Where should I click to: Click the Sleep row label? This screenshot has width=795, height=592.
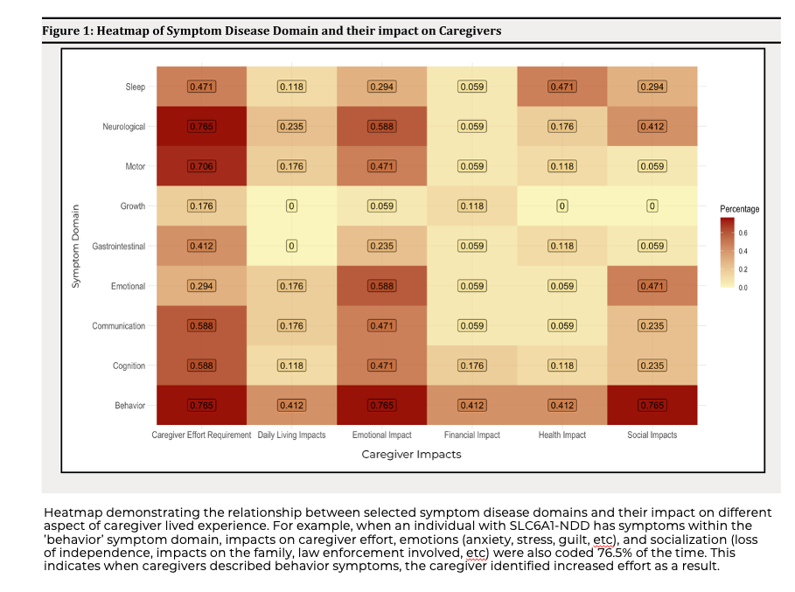(x=135, y=87)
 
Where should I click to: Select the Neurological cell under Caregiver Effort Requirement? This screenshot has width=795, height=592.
(x=201, y=127)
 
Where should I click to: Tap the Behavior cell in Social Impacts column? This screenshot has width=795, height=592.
(x=652, y=406)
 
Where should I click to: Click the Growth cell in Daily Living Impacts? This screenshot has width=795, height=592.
(x=291, y=206)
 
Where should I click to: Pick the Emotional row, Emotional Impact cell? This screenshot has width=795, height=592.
(x=381, y=286)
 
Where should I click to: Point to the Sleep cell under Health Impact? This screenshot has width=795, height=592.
(x=561, y=87)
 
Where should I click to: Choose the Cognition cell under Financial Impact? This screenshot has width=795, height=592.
(x=471, y=366)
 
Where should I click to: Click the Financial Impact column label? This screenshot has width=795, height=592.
(x=471, y=435)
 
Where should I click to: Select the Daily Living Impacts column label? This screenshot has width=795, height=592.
(x=291, y=435)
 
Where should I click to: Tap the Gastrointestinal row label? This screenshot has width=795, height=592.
(x=119, y=246)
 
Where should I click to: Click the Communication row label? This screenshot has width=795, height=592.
(x=119, y=326)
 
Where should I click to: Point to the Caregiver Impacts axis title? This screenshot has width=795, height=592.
(x=411, y=455)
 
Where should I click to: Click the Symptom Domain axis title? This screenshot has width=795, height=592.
(x=76, y=246)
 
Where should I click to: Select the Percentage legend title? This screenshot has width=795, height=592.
(x=739, y=209)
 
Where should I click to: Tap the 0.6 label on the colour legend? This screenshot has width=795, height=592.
(x=743, y=233)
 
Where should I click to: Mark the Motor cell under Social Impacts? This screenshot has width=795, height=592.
(x=652, y=166)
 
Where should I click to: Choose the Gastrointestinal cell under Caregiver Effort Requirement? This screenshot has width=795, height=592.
(x=201, y=246)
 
